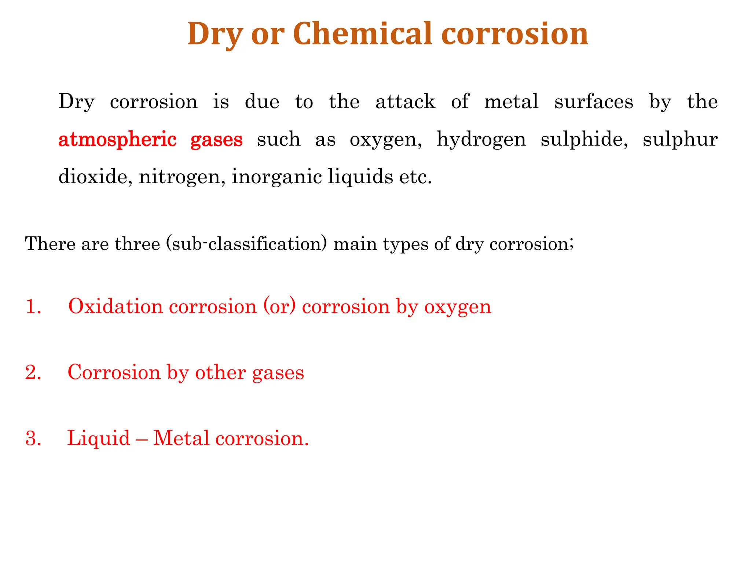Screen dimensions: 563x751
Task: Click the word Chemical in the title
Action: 363,34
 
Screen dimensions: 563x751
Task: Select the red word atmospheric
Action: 117,140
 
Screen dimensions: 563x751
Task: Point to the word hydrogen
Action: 481,140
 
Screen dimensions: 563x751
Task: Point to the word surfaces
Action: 594,102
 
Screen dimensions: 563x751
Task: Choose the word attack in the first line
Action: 405,102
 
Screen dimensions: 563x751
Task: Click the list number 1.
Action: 33,306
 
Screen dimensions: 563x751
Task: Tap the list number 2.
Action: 33,372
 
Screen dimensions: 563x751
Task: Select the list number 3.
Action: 33,438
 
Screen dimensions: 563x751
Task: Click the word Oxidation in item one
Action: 116,306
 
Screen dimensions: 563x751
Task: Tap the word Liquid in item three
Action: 99,438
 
